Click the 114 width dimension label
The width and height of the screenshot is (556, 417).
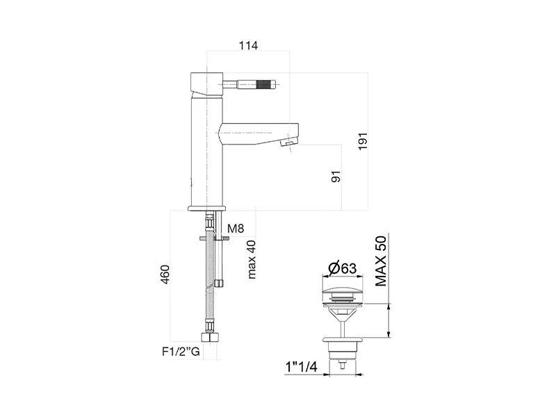point(248,45)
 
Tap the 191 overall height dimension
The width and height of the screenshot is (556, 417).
point(362,141)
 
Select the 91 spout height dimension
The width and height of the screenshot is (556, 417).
point(336,177)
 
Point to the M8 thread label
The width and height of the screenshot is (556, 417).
point(236,229)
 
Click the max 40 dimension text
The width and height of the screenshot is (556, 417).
point(251,259)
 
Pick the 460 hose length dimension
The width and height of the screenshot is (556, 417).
point(165,274)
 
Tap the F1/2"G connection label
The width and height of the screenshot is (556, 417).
point(181,352)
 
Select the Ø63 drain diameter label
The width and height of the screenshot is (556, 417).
point(343,268)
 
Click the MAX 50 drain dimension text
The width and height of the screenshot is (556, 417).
point(381,261)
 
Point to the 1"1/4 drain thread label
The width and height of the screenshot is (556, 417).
point(301,367)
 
